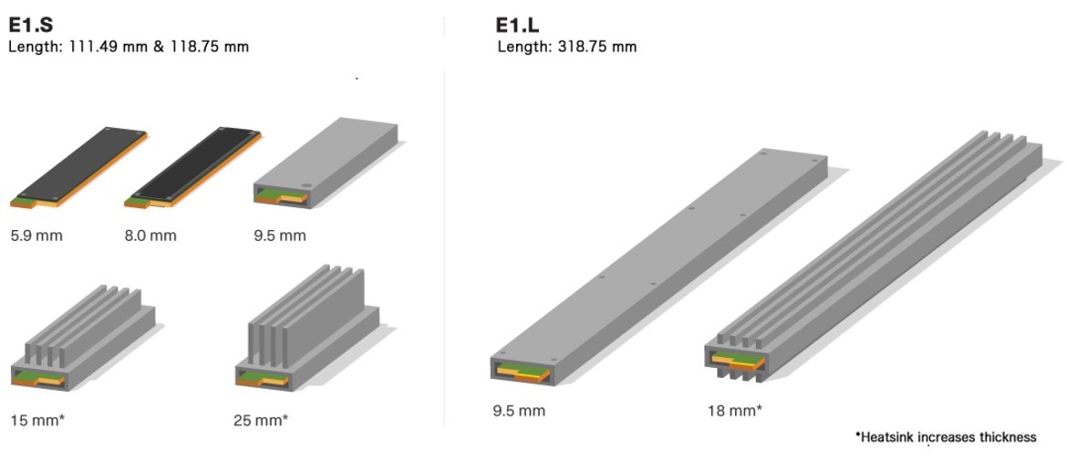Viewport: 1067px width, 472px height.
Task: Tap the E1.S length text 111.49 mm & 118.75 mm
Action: [x=128, y=47]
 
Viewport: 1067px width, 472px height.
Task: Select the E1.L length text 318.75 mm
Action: [x=566, y=47]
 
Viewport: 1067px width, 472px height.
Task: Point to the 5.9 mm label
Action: [x=36, y=236]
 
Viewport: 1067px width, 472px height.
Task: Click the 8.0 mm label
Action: [x=150, y=236]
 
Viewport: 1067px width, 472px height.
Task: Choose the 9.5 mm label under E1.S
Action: [x=280, y=236]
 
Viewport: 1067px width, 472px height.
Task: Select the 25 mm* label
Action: [x=261, y=420]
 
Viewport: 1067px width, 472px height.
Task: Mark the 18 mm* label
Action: [x=734, y=410]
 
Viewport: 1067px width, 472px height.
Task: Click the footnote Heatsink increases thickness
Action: [x=945, y=437]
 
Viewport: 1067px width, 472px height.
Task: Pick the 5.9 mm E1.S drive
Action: [x=80, y=164]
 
